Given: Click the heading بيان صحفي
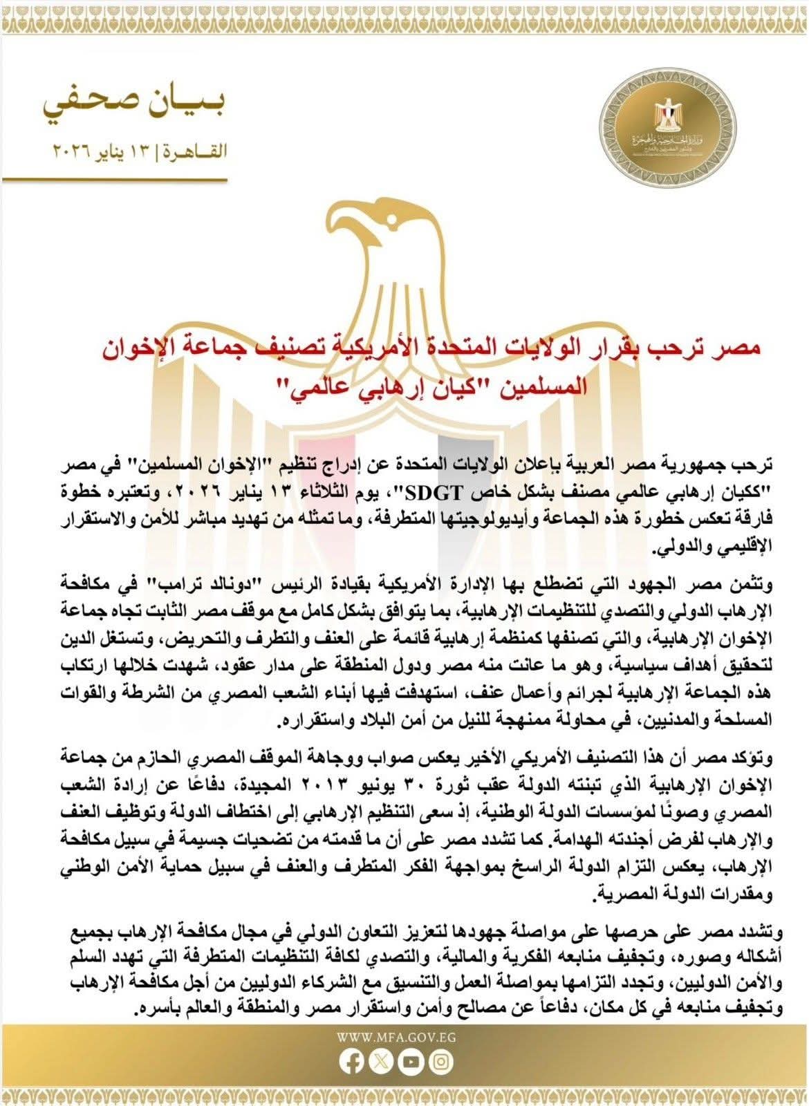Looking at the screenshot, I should (135, 106).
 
